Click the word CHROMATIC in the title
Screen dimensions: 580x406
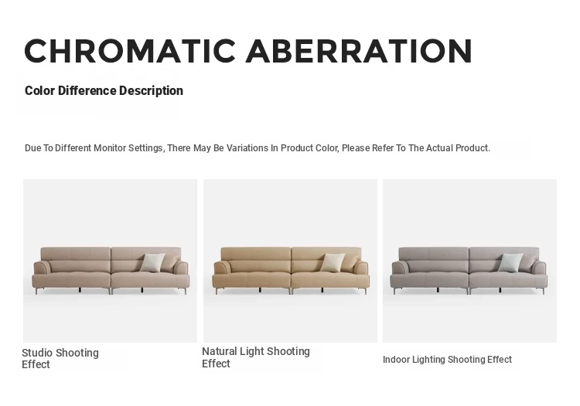(x=130, y=51)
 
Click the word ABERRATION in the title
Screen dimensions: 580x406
(x=359, y=51)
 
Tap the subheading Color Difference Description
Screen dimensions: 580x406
(x=104, y=90)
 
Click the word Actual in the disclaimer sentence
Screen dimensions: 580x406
(x=439, y=148)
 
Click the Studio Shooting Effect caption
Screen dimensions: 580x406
(x=60, y=358)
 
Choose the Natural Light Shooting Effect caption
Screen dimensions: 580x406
(x=256, y=357)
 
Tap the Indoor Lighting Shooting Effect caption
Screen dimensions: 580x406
(x=447, y=360)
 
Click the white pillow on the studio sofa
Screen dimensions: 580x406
(x=153, y=262)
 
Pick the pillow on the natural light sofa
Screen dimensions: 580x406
(x=333, y=262)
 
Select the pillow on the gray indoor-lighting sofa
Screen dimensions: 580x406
(x=511, y=262)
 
